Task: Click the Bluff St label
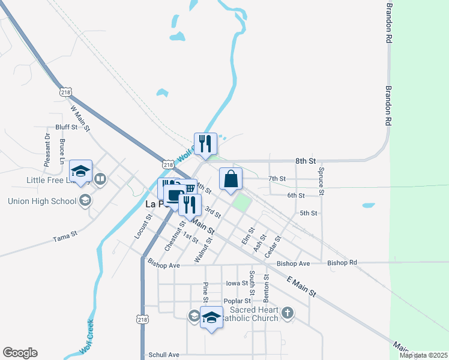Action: point(66,127)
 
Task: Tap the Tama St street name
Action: point(66,236)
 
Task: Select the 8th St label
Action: point(305,161)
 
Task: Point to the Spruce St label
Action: point(321,182)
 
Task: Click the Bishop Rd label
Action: point(342,263)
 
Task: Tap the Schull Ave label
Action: point(164,355)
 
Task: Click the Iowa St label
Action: point(237,283)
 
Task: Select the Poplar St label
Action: point(237,301)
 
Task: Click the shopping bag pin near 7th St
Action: point(231,179)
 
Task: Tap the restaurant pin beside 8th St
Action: point(205,144)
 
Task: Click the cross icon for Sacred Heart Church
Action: point(288,313)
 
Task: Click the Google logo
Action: point(20,353)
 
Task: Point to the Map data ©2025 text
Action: point(423,355)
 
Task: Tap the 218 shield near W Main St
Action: point(66,92)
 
